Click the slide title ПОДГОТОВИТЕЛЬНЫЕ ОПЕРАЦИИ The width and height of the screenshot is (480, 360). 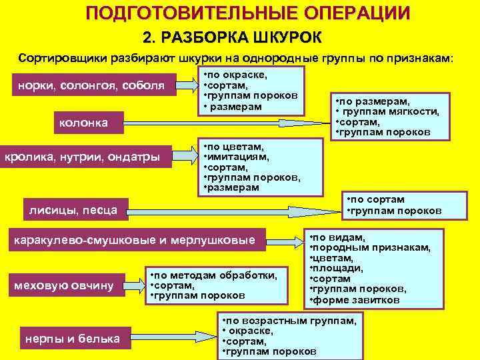[248, 13]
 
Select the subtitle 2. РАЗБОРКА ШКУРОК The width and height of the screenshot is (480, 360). [233, 36]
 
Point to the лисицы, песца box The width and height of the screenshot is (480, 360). [73, 211]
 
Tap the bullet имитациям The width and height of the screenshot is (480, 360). [237, 157]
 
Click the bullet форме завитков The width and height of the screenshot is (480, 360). [358, 300]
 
